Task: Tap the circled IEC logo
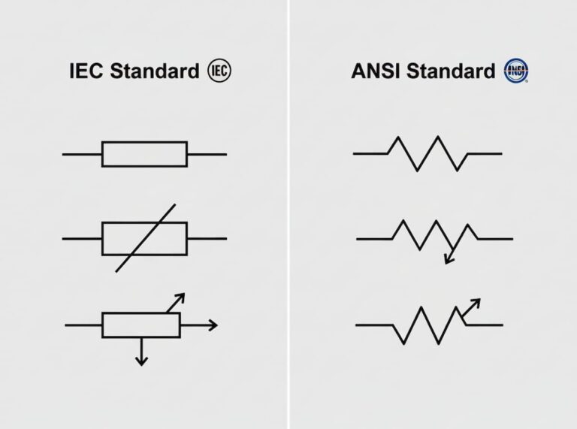point(219,71)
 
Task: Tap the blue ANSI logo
point(516,72)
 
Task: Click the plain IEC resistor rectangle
point(144,154)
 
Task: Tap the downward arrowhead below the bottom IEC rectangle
point(140,361)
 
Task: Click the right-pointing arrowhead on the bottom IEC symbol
point(213,325)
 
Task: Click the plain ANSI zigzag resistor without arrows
point(428,153)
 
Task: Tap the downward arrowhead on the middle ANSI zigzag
point(449,259)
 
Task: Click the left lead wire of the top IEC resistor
point(82,154)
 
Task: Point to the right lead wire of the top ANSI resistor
point(485,154)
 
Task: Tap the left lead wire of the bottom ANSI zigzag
point(374,325)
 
